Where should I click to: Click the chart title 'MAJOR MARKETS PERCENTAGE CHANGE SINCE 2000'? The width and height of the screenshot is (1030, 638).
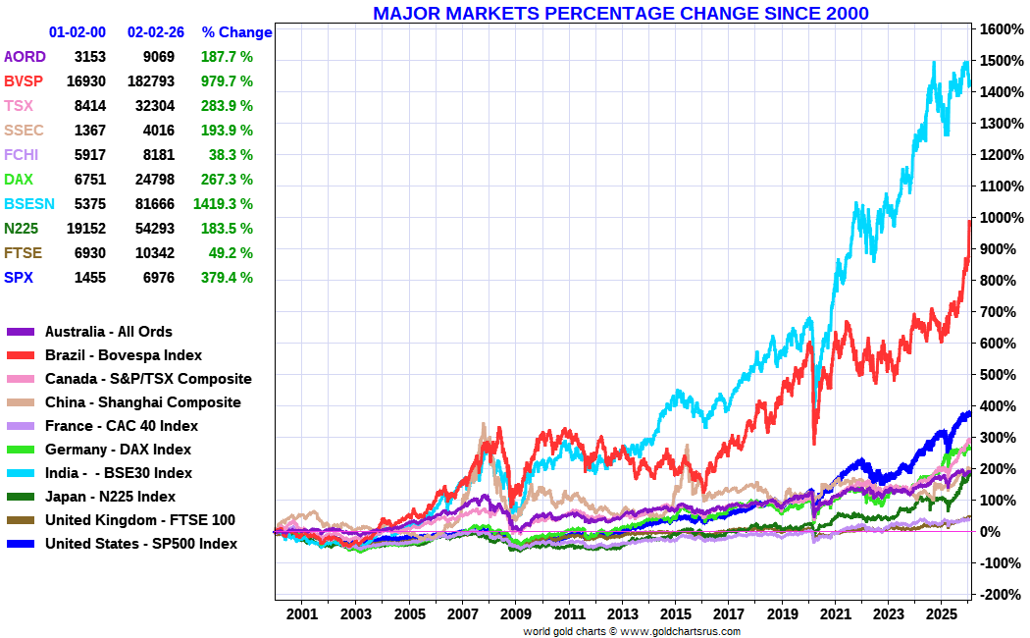[x=620, y=13]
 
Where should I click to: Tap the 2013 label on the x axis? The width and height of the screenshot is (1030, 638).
[x=622, y=614]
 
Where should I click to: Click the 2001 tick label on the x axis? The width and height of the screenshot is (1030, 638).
[x=302, y=614]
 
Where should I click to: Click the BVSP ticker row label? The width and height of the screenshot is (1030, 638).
[x=24, y=81]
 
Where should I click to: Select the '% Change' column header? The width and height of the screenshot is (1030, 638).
[x=236, y=32]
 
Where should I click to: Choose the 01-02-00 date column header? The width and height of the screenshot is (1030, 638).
[x=77, y=32]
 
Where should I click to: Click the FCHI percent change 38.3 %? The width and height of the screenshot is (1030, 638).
[x=231, y=155]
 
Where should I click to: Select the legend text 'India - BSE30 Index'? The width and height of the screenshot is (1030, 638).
[x=119, y=473]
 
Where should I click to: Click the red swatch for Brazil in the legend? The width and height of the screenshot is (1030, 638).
[x=21, y=355]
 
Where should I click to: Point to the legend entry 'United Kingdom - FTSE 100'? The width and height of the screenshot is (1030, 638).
[x=140, y=520]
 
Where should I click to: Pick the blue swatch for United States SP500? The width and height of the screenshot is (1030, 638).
[x=21, y=544]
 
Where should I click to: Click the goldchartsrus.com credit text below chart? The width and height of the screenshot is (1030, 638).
[x=632, y=631]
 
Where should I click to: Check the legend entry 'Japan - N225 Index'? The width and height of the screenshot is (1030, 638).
[x=110, y=497]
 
